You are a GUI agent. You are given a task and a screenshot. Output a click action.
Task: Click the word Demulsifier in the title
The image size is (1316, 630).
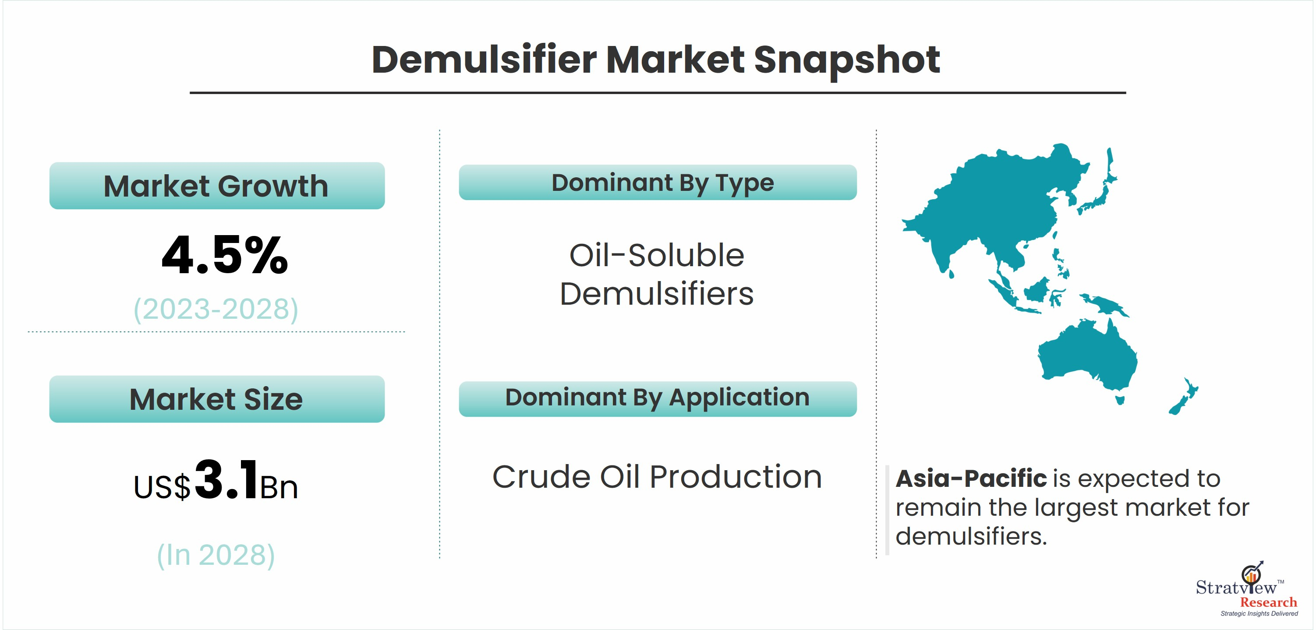pos(485,59)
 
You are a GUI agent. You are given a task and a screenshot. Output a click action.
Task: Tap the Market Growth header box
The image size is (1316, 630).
pos(217,185)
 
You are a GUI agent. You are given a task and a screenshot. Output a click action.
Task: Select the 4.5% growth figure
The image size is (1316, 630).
pos(225,255)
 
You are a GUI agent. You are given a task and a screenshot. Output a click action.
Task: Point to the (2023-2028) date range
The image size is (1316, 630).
pos(216,309)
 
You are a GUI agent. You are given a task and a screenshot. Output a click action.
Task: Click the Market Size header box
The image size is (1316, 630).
pos(217,399)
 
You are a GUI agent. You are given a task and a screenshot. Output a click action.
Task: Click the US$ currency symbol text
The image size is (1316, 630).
pos(162,486)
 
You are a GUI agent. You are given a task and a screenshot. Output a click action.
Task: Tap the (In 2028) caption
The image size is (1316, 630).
pos(216,555)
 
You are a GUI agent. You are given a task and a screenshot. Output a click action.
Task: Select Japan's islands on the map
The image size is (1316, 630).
pos(1100,184)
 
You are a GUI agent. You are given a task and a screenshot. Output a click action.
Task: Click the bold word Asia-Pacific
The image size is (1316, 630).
pos(971,479)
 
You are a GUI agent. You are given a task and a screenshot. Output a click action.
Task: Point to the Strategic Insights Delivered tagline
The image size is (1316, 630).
pos(1259,614)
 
